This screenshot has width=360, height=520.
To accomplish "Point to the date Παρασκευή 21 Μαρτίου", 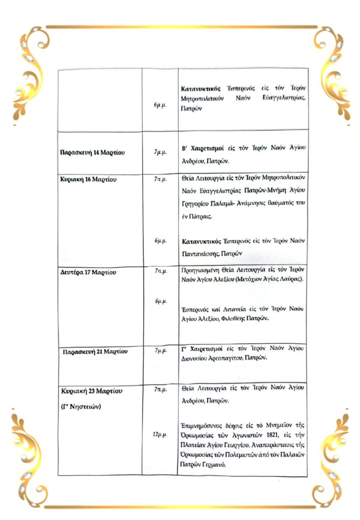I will point(95,351).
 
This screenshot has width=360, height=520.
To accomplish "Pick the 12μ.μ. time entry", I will point(160,435).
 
